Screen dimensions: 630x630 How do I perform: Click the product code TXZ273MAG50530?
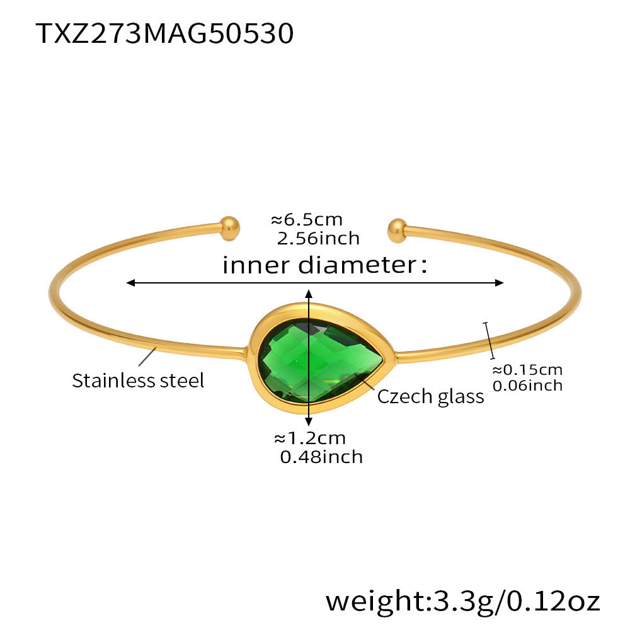click(164, 33)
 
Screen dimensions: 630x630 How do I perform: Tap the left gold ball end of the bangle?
click(230, 229)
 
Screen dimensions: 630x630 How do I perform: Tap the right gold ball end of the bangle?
click(398, 231)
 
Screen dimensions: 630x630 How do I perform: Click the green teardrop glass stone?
click(320, 360)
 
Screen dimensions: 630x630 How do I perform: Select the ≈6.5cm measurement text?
click(307, 220)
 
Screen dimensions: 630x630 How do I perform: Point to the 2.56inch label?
click(318, 238)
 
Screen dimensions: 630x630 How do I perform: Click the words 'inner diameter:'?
click(325, 265)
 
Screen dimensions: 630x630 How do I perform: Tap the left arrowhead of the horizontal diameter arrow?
click(130, 283)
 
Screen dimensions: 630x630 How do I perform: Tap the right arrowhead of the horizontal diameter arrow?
click(499, 283)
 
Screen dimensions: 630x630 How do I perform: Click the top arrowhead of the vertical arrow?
click(309, 294)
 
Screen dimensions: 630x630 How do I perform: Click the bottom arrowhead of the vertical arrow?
click(309, 421)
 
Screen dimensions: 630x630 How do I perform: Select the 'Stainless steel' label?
click(138, 380)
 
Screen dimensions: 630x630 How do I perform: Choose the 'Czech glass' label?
click(431, 396)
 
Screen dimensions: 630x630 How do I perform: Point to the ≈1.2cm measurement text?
click(310, 438)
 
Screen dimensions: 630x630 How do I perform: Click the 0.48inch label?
click(321, 457)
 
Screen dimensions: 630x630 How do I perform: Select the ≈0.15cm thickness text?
click(527, 369)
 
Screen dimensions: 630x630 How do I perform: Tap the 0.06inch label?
click(527, 386)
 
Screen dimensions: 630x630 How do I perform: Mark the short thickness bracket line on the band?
click(489, 340)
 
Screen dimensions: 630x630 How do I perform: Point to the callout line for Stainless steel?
click(147, 357)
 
